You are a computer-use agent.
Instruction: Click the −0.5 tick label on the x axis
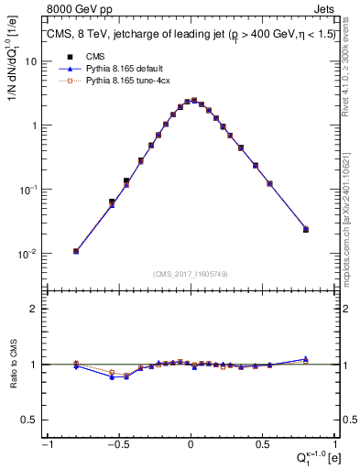[x=117, y=445]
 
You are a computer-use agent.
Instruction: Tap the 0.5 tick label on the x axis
[x=262, y=445]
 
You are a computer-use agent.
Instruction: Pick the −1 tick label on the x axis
[x=46, y=445]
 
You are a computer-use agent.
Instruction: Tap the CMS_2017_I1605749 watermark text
[x=191, y=274]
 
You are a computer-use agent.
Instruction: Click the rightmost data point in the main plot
[x=306, y=229]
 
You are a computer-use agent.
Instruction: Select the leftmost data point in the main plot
[x=76, y=251]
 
